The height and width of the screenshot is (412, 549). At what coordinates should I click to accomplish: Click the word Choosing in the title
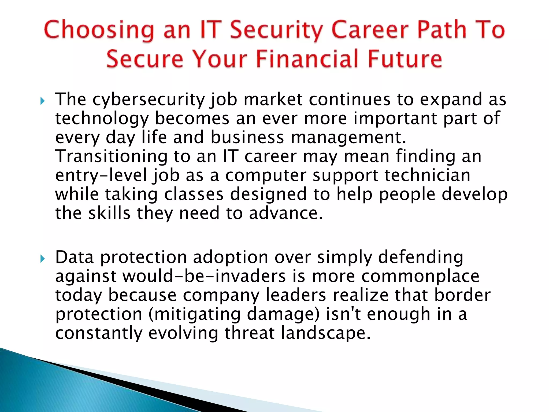[99, 30]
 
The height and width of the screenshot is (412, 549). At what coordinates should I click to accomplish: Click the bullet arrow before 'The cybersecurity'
[42, 101]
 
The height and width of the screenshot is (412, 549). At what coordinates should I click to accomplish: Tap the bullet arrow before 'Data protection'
[42, 259]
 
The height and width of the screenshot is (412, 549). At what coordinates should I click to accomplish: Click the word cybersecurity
[149, 100]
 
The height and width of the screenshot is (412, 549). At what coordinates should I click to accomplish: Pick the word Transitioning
[111, 157]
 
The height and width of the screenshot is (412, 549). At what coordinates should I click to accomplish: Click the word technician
[427, 176]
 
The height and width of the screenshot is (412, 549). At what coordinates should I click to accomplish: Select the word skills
[109, 214]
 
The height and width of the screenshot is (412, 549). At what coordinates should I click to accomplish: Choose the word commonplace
[420, 277]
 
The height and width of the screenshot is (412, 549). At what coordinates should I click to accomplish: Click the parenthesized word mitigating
[194, 315]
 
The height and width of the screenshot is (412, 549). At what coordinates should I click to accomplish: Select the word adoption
[231, 257]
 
